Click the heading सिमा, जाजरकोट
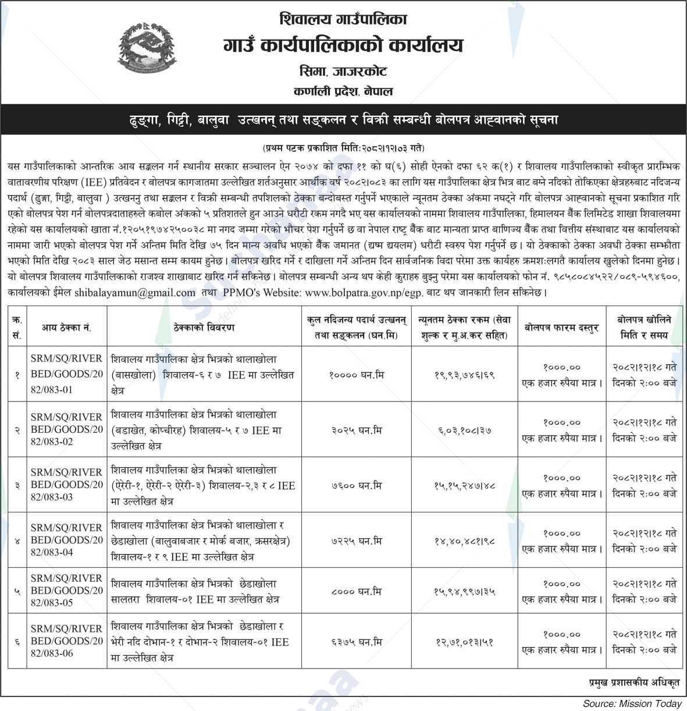coord(343,72)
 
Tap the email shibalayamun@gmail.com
coord(135,293)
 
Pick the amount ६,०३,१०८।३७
coord(464,431)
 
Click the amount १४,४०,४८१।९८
coord(464,541)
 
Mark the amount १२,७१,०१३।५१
coord(464,642)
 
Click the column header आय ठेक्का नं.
coord(66,328)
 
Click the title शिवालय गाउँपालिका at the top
coord(343,20)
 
